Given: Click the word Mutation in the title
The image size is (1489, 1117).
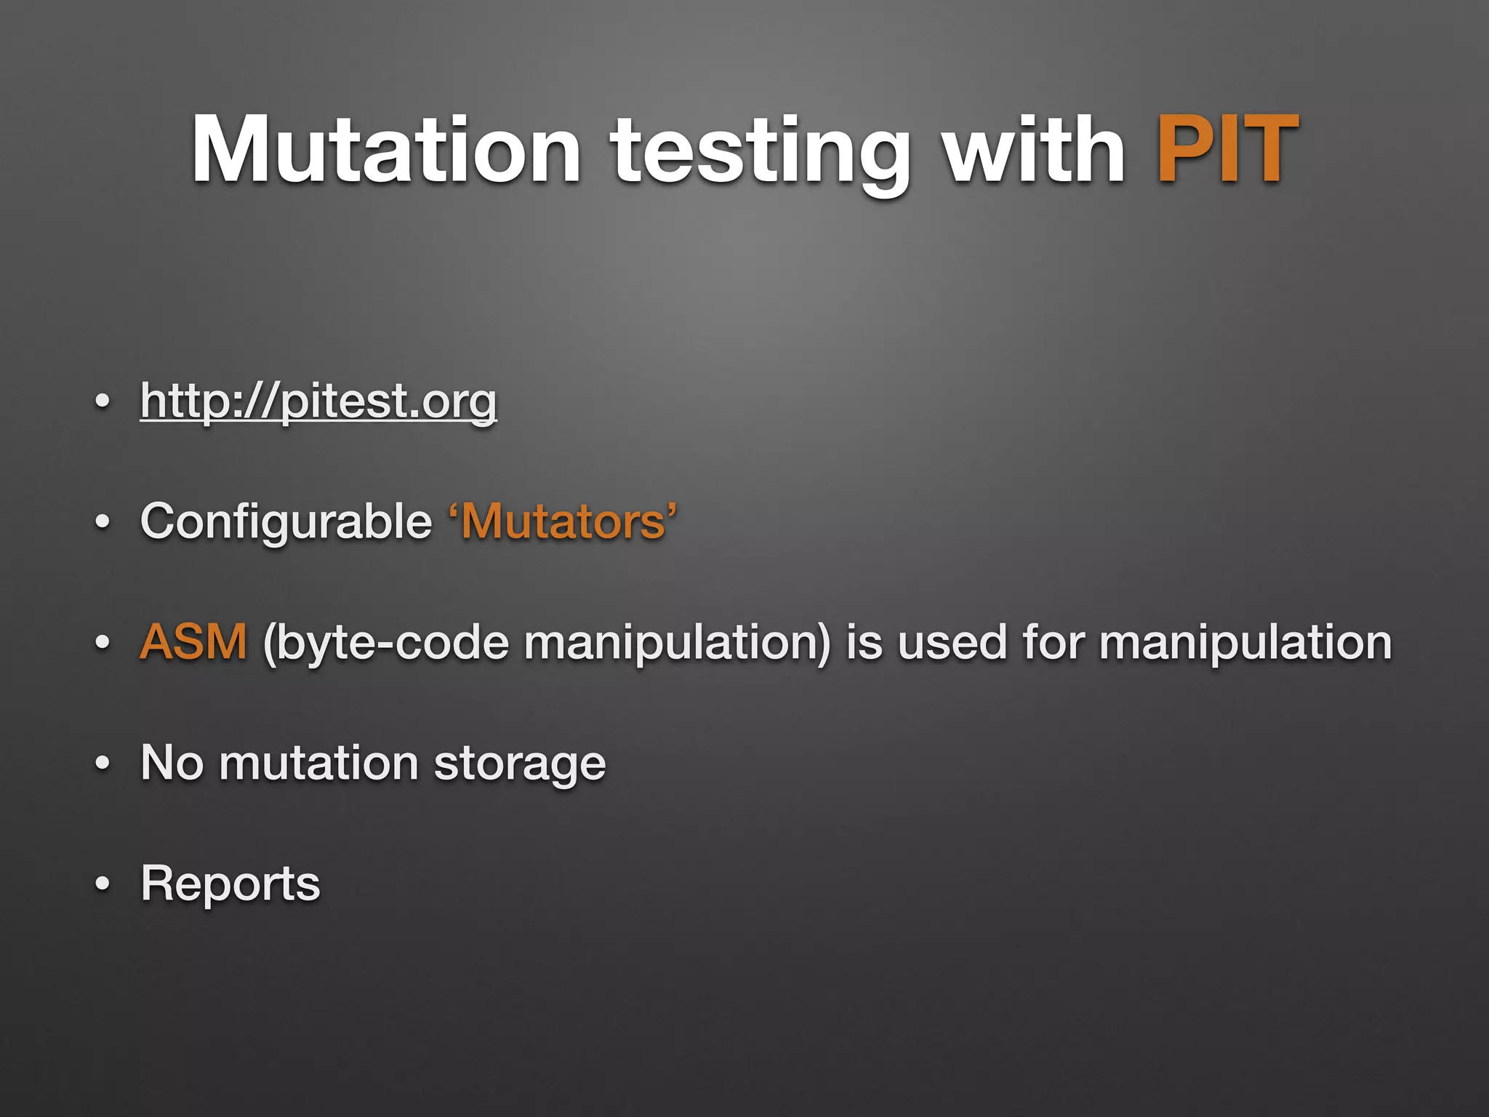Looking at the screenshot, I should pyautogui.click(x=386, y=151).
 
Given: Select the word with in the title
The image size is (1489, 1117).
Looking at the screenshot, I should pyautogui.click(x=1033, y=151).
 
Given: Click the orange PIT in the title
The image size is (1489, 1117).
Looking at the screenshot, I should pyautogui.click(x=1227, y=151).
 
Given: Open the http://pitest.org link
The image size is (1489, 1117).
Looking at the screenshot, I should pyautogui.click(x=318, y=401).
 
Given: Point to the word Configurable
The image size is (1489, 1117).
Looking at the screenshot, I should pyautogui.click(x=286, y=521).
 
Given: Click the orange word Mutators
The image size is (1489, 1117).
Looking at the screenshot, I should pyautogui.click(x=563, y=522).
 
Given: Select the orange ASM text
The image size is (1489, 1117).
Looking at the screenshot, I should pyautogui.click(x=193, y=642).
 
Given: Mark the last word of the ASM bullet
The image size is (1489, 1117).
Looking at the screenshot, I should pyautogui.click(x=1245, y=644).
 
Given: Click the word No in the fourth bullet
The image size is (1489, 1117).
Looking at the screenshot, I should pyautogui.click(x=172, y=763).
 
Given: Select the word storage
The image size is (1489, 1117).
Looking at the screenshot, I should pyautogui.click(x=519, y=764).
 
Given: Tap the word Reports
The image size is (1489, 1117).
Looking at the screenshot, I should pyautogui.click(x=230, y=884).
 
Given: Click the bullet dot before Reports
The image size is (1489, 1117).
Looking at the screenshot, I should pyautogui.click(x=103, y=884).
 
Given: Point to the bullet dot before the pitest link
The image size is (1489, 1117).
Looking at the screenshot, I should pyautogui.click(x=103, y=401).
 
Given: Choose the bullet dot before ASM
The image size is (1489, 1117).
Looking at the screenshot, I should pyautogui.click(x=103, y=643).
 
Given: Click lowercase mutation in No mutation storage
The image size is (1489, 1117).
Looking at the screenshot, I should pyautogui.click(x=318, y=763).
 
